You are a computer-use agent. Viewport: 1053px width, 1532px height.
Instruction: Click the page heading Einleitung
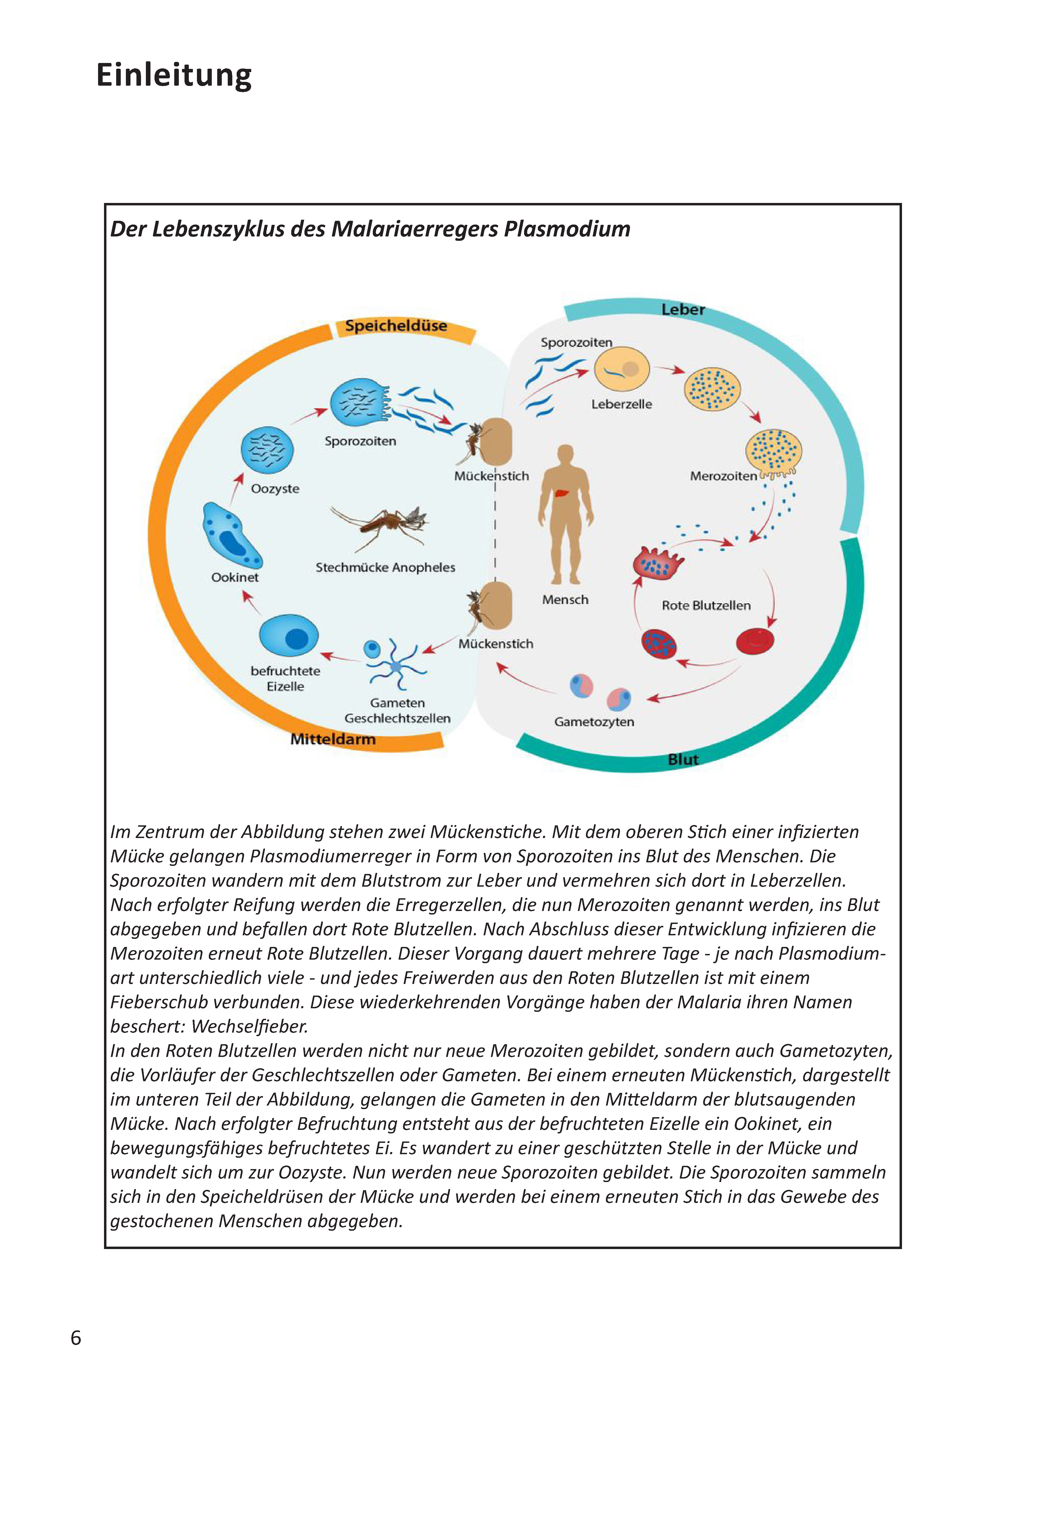(174, 75)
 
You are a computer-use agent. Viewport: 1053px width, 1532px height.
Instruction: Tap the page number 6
(76, 1338)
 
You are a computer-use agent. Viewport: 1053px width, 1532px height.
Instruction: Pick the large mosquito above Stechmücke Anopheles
(381, 527)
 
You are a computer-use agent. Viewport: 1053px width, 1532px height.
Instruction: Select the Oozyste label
(275, 489)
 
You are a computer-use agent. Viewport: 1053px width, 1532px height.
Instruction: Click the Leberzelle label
(622, 404)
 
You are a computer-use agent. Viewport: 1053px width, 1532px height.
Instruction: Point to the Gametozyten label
(594, 722)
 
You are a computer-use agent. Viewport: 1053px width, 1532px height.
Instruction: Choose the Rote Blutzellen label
(706, 605)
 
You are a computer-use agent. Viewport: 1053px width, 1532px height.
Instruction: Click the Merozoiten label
(723, 476)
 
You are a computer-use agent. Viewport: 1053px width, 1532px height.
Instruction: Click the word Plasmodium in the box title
(567, 229)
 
